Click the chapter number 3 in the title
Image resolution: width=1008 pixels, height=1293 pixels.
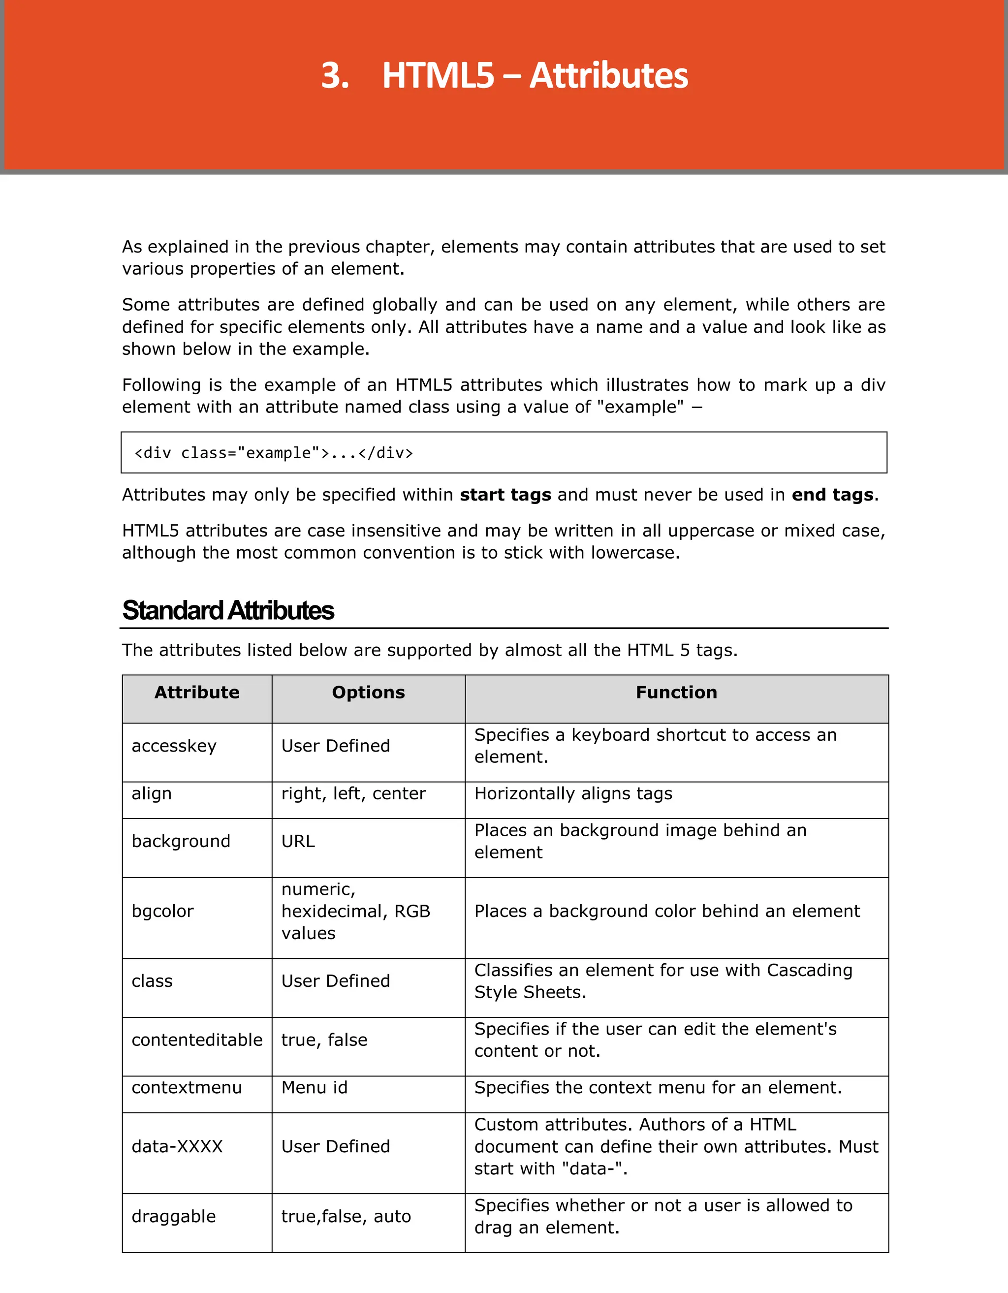coord(334,76)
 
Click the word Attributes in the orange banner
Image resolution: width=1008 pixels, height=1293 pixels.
coord(608,76)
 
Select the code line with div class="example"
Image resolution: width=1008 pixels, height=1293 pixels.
coord(274,453)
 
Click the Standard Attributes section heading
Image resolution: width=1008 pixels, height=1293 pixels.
coord(228,610)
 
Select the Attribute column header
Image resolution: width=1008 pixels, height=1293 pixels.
coord(196,692)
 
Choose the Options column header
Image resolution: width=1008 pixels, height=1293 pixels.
coord(368,692)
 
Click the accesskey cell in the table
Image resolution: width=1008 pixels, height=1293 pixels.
coord(174,746)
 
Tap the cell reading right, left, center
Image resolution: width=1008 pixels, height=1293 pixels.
coord(353,793)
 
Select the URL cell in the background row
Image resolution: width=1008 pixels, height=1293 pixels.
coord(298,841)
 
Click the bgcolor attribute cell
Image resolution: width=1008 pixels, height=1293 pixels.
coord(163,911)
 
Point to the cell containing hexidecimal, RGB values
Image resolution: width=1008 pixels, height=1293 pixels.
coord(355,911)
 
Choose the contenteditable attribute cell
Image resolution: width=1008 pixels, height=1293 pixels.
coord(196,1040)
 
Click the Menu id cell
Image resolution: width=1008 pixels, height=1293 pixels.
coord(315,1088)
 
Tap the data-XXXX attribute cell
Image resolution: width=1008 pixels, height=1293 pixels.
coord(177,1146)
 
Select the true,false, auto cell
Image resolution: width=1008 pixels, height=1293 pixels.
coord(346,1216)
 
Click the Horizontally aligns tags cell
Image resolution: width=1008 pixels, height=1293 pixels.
coord(573,793)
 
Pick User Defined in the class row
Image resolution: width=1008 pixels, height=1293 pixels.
coord(335,981)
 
